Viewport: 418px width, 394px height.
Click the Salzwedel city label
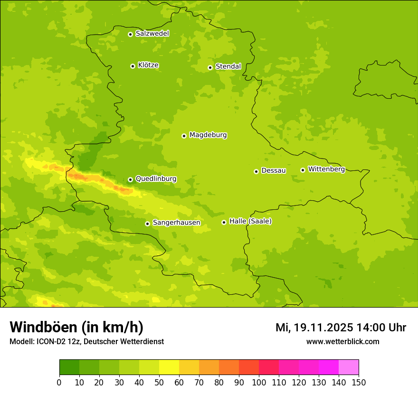click(152, 34)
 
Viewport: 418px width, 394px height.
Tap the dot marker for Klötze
click(133, 66)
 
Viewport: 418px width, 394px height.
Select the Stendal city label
click(228, 66)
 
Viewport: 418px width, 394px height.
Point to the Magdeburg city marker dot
click(184, 136)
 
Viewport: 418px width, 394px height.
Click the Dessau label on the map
click(274, 170)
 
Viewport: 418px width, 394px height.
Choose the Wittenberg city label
click(326, 169)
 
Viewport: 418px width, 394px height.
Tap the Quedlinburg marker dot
click(130, 179)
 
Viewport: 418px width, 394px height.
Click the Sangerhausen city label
click(176, 223)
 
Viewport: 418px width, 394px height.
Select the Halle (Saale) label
click(250, 221)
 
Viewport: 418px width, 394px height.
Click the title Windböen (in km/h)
click(76, 327)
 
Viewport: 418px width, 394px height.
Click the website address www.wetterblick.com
click(342, 341)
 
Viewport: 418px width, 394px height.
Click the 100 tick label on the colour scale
click(259, 383)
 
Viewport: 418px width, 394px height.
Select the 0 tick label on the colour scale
click(59, 383)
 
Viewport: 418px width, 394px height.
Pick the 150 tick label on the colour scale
click(359, 383)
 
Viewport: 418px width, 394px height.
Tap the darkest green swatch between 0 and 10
click(69, 367)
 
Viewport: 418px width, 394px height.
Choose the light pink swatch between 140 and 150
click(349, 367)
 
